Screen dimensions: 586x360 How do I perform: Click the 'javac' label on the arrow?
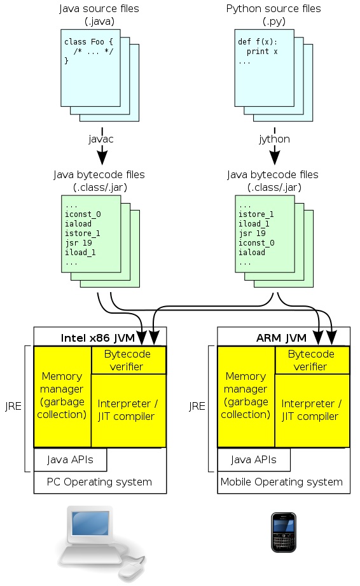pos(101,137)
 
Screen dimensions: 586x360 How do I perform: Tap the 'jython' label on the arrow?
pos(275,137)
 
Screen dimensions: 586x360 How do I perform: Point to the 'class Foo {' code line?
pos(88,42)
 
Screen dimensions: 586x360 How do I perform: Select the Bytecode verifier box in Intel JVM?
pos(129,360)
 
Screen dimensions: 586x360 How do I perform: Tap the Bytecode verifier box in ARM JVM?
pos(312,360)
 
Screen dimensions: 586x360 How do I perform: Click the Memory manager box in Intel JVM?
pos(62,396)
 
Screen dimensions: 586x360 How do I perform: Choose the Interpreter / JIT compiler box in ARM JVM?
pos(312,410)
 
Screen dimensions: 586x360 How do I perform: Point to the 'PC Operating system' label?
pos(99,482)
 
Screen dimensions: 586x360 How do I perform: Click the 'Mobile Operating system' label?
pos(281,482)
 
